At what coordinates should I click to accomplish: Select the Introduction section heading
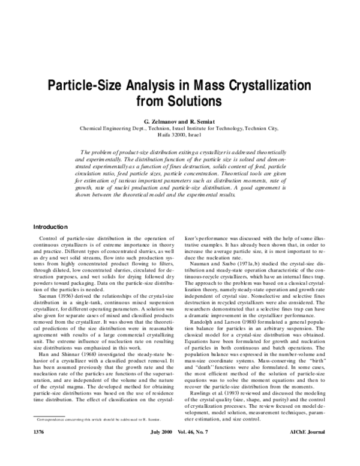pyautogui.click(x=50, y=211)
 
